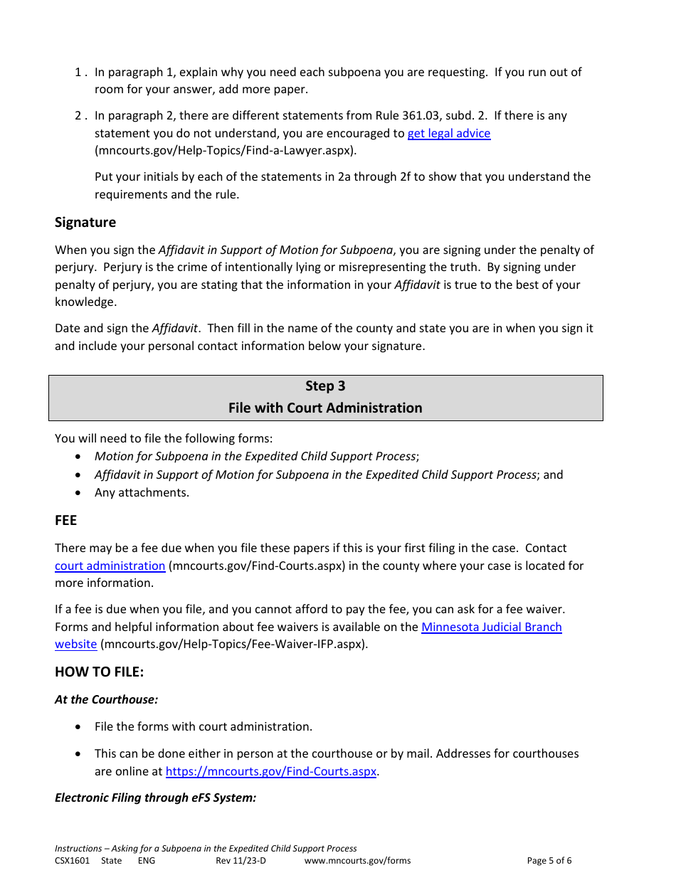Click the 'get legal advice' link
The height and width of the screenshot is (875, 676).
tap(448, 133)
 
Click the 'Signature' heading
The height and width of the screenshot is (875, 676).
tap(85, 222)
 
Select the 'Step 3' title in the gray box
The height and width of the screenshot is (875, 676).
tap(325, 386)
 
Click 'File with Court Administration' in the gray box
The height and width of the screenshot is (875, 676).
tap(325, 408)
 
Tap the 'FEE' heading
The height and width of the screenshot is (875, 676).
tap(65, 520)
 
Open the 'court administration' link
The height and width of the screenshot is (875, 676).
tap(110, 566)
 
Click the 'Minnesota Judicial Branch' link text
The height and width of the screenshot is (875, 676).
tap(491, 627)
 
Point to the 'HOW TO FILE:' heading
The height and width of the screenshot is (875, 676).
tap(99, 672)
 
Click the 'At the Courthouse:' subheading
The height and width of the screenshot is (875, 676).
tap(106, 699)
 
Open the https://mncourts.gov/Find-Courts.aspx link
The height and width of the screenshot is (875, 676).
tap(270, 771)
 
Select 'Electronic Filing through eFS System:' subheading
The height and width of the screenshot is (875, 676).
tap(155, 797)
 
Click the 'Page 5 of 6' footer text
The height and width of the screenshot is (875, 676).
tap(549, 860)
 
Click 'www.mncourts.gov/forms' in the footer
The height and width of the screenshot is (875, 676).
tap(357, 860)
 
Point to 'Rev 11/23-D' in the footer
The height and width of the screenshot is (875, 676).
tap(241, 860)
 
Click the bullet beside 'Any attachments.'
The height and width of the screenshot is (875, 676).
tap(78, 492)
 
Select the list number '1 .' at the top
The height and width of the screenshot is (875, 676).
tap(81, 72)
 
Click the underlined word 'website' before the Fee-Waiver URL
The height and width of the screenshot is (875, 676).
tap(75, 644)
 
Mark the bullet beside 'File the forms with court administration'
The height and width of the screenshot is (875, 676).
tap(78, 726)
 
